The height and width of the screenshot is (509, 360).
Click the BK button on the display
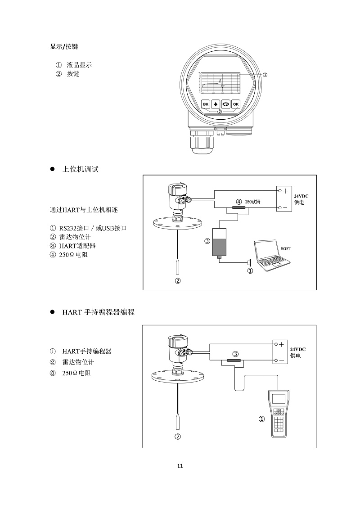(x=205, y=104)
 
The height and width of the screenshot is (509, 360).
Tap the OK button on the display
(x=236, y=104)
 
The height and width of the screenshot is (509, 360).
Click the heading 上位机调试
(x=80, y=169)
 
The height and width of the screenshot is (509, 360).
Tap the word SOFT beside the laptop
(x=286, y=248)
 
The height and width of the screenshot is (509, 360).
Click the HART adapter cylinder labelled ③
(x=219, y=243)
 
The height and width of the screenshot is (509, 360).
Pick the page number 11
(x=180, y=466)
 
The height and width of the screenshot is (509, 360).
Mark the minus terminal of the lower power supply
(x=281, y=360)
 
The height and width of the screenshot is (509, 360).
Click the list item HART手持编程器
(x=87, y=351)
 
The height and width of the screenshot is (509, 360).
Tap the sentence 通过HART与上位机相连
(x=84, y=210)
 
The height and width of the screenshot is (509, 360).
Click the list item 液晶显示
(x=79, y=65)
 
